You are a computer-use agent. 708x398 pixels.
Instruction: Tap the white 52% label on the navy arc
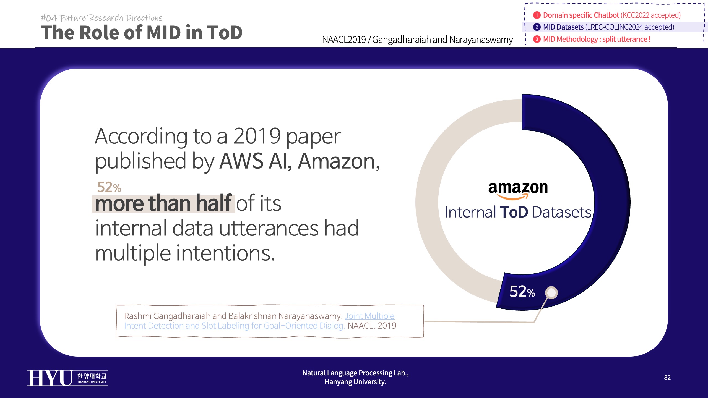[x=522, y=292]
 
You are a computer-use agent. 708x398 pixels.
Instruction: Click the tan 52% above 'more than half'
[x=109, y=187]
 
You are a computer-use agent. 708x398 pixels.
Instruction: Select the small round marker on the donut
[x=551, y=292]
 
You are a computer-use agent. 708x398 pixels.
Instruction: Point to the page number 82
[x=667, y=378]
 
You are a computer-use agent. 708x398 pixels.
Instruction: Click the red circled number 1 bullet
[x=537, y=15]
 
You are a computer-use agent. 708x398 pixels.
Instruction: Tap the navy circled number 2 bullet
[x=537, y=27]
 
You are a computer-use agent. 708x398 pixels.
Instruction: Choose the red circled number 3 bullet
[x=537, y=39]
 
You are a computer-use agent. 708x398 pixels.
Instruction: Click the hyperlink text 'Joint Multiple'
[x=369, y=316]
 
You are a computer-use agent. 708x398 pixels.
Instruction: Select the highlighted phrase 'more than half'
[x=163, y=203]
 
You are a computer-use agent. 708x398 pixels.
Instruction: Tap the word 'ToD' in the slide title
[x=224, y=33]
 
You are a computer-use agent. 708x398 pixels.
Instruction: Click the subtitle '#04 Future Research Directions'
[x=101, y=18]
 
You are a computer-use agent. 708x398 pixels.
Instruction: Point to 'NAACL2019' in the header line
[x=344, y=40]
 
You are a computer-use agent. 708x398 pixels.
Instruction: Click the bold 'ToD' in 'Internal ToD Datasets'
[x=514, y=212]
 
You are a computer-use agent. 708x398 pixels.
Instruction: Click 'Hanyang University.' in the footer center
[x=355, y=382]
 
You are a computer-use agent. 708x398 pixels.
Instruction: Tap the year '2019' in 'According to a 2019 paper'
[x=257, y=136]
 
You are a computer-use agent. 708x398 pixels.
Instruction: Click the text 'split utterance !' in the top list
[x=626, y=39]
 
